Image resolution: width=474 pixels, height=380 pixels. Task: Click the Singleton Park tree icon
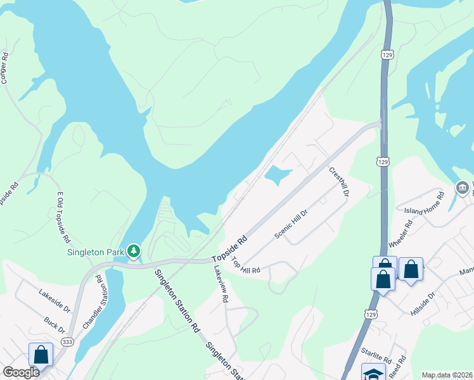(133, 251)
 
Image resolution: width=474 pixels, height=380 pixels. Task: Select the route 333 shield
(67, 341)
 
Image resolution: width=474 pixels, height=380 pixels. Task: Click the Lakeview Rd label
(220, 282)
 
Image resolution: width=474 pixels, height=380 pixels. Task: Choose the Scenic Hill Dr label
(291, 224)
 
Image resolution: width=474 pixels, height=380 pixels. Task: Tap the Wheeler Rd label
(400, 234)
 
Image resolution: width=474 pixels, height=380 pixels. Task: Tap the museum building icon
(461, 187)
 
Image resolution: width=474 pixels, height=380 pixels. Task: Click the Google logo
(21, 372)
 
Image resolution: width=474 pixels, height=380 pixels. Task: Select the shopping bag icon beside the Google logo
(41, 354)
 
